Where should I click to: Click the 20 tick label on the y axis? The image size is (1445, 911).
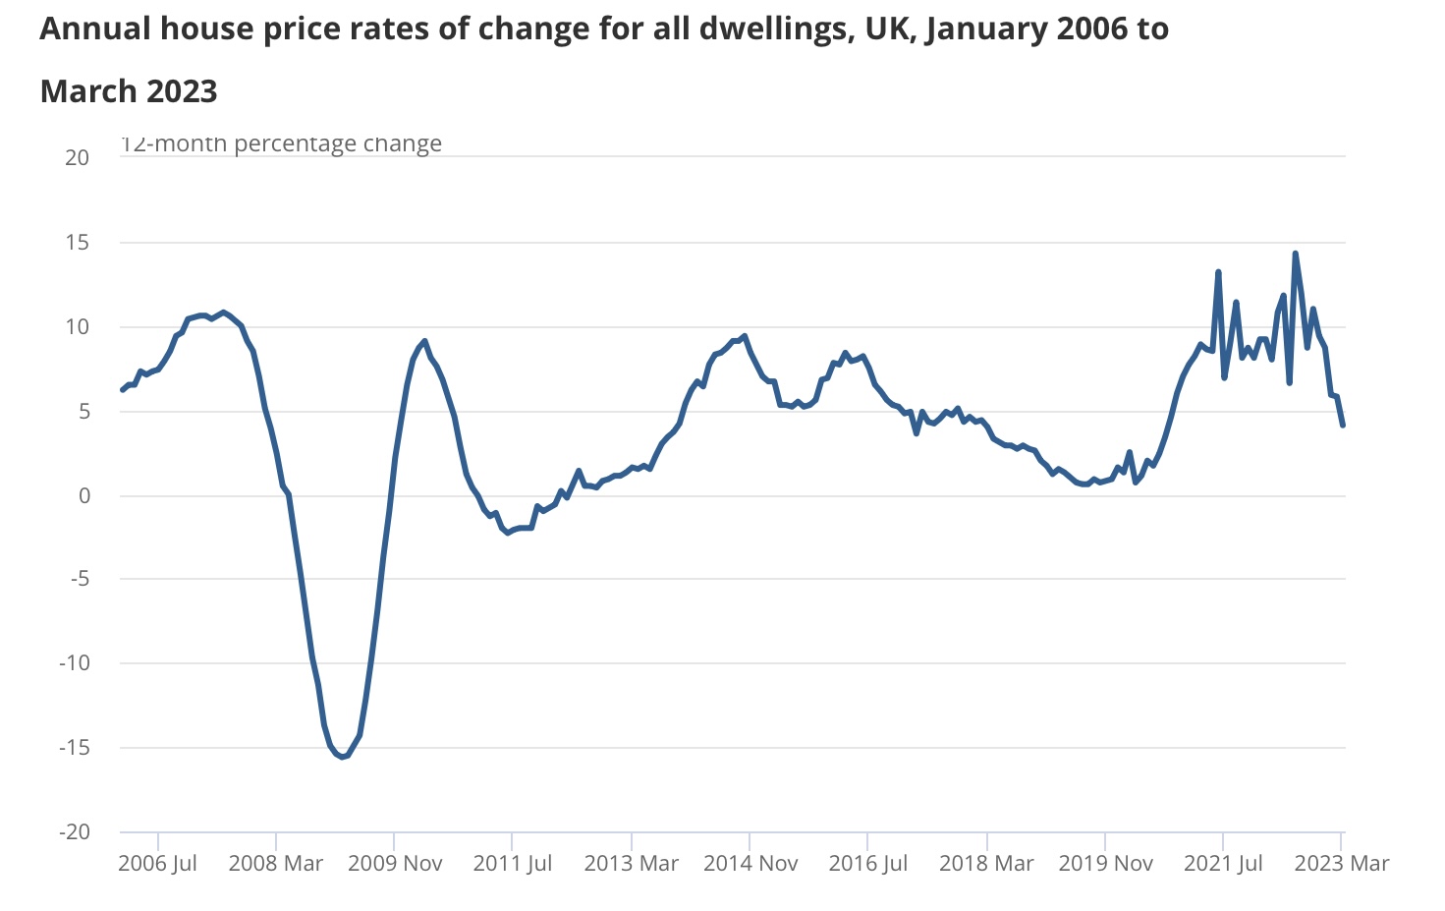(77, 157)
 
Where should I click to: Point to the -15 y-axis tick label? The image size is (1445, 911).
(74, 747)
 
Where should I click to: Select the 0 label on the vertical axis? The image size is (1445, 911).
(83, 495)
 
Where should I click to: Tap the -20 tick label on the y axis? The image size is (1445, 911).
(74, 831)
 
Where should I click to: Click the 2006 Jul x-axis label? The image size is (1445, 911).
(157, 864)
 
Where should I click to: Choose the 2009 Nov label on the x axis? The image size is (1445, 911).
(395, 864)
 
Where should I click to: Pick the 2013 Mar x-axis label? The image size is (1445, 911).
(631, 864)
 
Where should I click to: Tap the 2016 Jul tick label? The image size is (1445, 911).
(867, 864)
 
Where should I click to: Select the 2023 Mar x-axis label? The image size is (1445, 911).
(1341, 864)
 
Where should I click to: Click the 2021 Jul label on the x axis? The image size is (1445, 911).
(1223, 864)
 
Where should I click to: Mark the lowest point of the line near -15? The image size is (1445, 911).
(342, 757)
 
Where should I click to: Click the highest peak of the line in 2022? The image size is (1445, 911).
(1295, 254)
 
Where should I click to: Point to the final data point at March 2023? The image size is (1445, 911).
(1343, 425)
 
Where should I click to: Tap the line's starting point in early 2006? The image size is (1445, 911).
(122, 390)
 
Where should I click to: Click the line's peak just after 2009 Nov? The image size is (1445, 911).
(424, 341)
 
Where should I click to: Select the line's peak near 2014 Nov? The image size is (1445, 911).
(745, 336)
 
